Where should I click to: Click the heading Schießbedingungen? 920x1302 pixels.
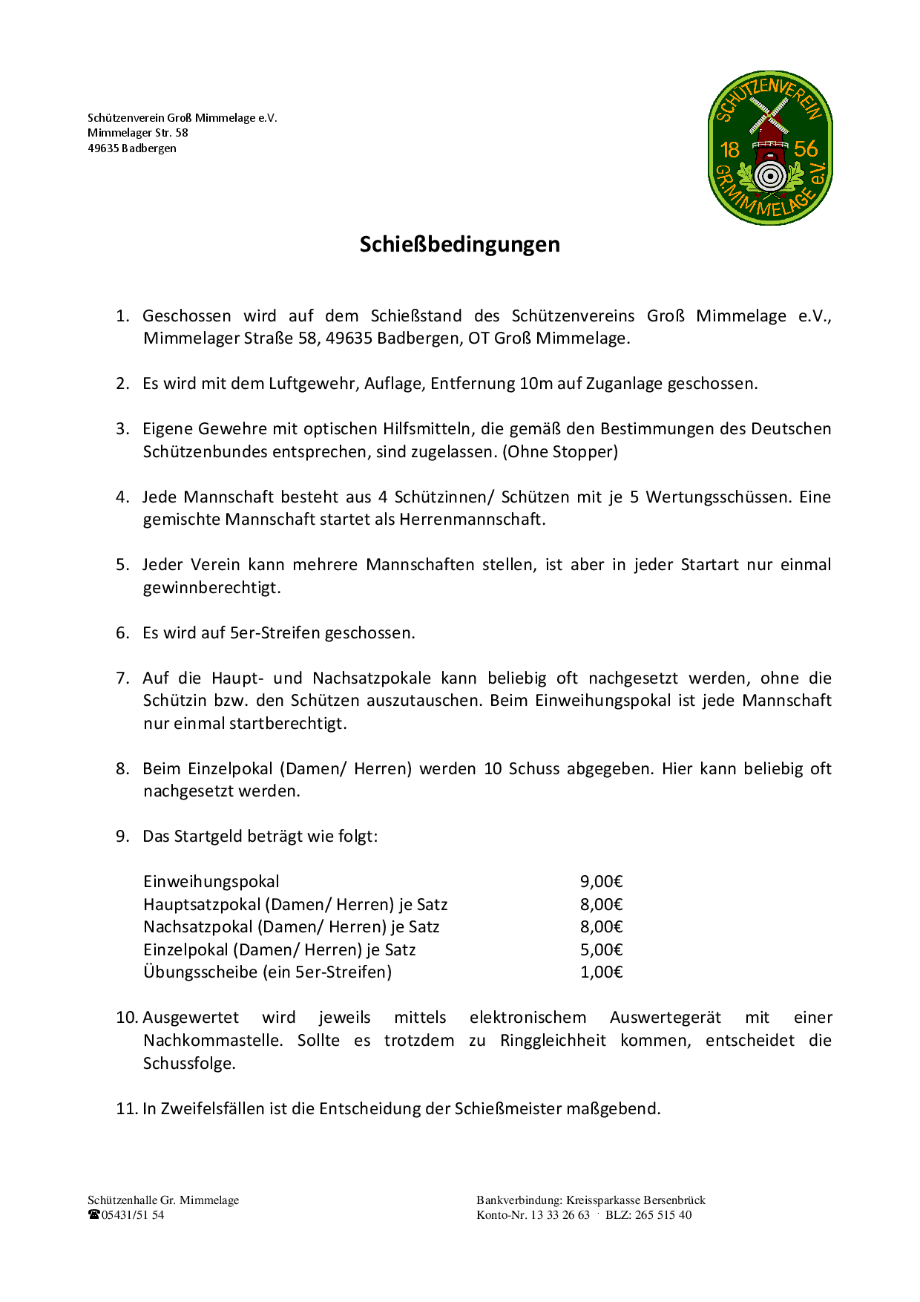click(459, 244)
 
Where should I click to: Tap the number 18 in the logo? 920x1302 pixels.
click(730, 150)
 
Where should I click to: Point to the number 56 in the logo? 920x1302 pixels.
click(806, 148)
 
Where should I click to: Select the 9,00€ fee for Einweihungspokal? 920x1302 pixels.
click(601, 882)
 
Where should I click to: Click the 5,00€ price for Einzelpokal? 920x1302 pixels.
click(601, 950)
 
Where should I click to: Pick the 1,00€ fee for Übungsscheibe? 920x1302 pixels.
click(601, 972)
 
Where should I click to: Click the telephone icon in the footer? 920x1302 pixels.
click(94, 1215)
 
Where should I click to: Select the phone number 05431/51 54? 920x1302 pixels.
click(134, 1215)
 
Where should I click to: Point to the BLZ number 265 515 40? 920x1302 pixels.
click(663, 1215)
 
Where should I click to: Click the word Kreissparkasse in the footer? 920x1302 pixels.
click(602, 1200)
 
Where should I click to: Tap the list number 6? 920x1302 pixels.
click(122, 633)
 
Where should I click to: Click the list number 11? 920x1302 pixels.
click(127, 1109)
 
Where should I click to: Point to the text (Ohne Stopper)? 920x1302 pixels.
click(560, 452)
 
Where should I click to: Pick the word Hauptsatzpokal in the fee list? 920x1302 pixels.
click(202, 905)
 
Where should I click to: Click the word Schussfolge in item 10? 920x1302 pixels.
click(189, 1064)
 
